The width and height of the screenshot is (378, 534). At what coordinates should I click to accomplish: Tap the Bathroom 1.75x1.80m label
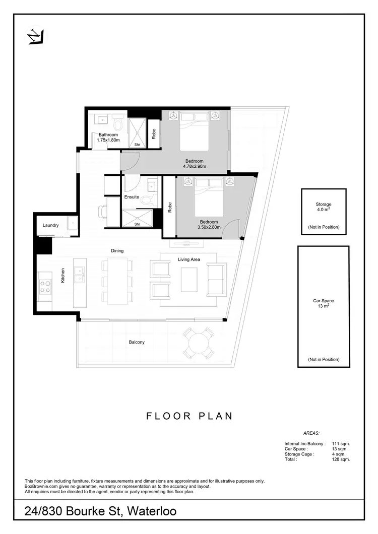[x=108, y=137]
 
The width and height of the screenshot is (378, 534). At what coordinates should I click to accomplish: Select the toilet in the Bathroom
[x=118, y=123]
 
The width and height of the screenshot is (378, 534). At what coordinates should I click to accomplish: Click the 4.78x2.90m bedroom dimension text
[x=195, y=166]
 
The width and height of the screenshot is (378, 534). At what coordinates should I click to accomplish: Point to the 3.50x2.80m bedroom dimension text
[x=209, y=227]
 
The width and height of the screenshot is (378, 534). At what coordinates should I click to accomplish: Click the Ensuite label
[x=132, y=197]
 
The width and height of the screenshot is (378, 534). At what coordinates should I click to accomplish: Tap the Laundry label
[x=51, y=225]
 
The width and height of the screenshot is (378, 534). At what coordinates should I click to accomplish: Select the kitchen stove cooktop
[x=45, y=286]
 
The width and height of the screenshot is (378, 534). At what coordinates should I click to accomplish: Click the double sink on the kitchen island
[x=79, y=275]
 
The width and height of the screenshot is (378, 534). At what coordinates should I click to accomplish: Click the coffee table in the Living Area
[x=189, y=280]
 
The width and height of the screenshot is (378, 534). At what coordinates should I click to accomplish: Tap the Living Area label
[x=189, y=259]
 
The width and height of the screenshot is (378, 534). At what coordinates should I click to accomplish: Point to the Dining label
[x=117, y=250]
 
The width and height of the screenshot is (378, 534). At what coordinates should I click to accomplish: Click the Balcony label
[x=137, y=342]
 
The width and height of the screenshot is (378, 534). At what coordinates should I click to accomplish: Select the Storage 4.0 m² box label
[x=324, y=207]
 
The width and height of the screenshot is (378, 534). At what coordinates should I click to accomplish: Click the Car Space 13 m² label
[x=324, y=304]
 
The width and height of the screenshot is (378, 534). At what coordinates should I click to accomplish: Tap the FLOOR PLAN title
[x=189, y=416]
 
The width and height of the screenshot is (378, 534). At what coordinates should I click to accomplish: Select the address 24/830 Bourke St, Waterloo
[x=101, y=511]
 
